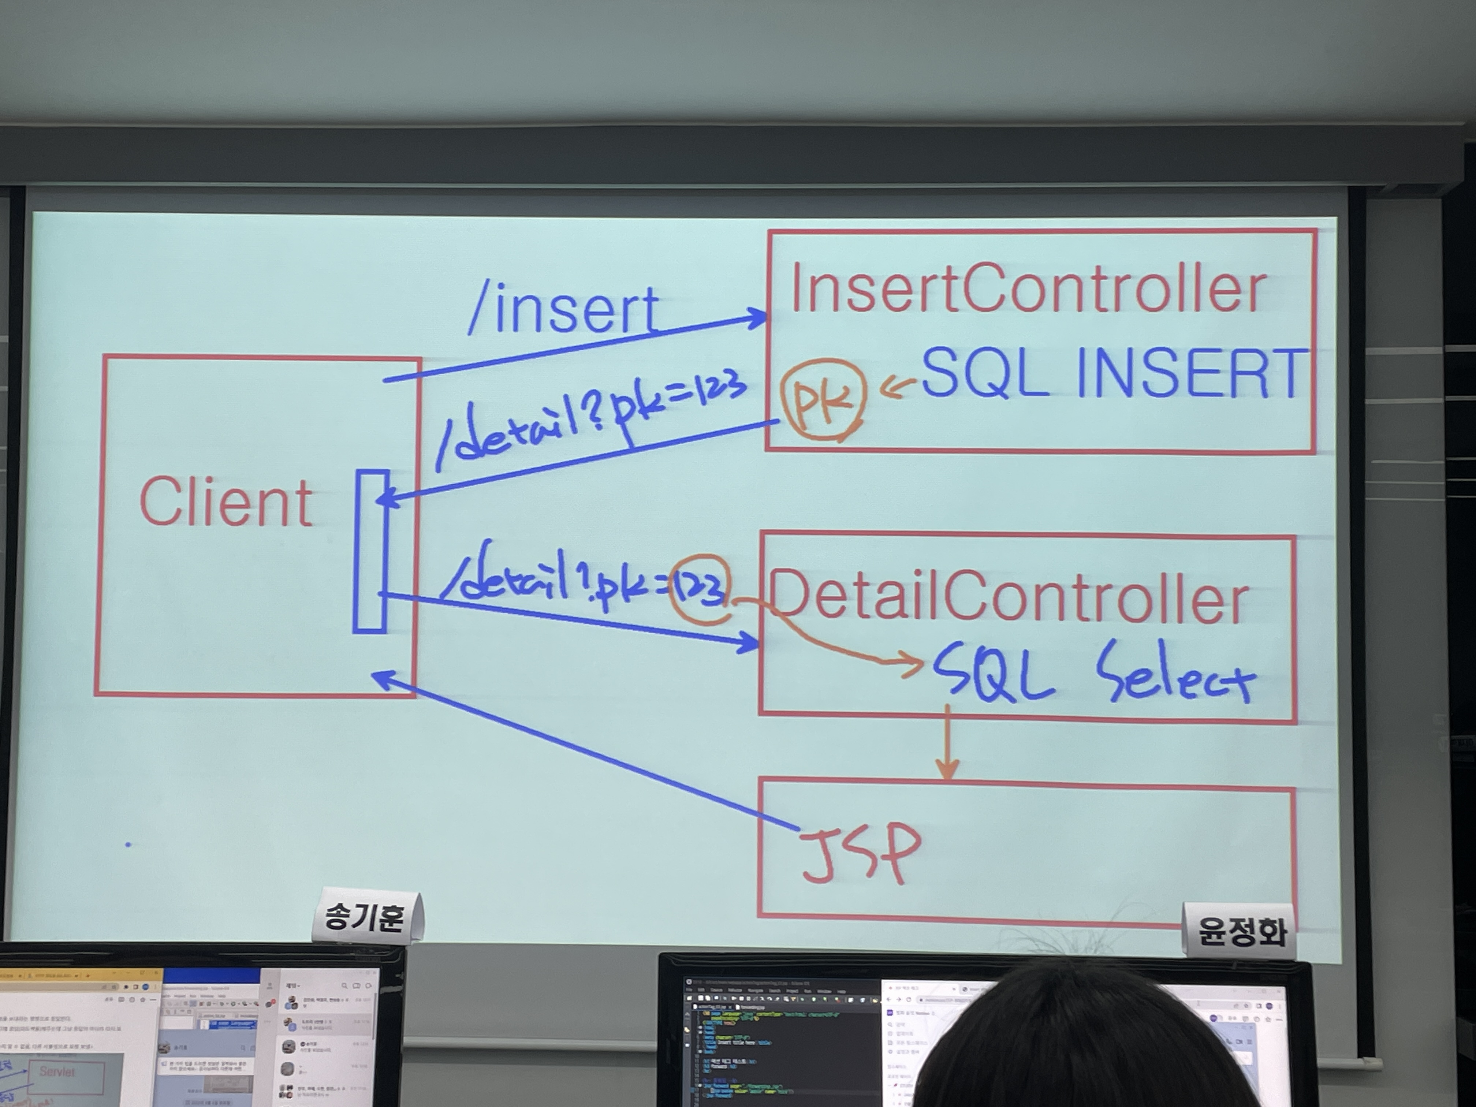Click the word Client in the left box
[225, 503]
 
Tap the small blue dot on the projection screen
[128, 845]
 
